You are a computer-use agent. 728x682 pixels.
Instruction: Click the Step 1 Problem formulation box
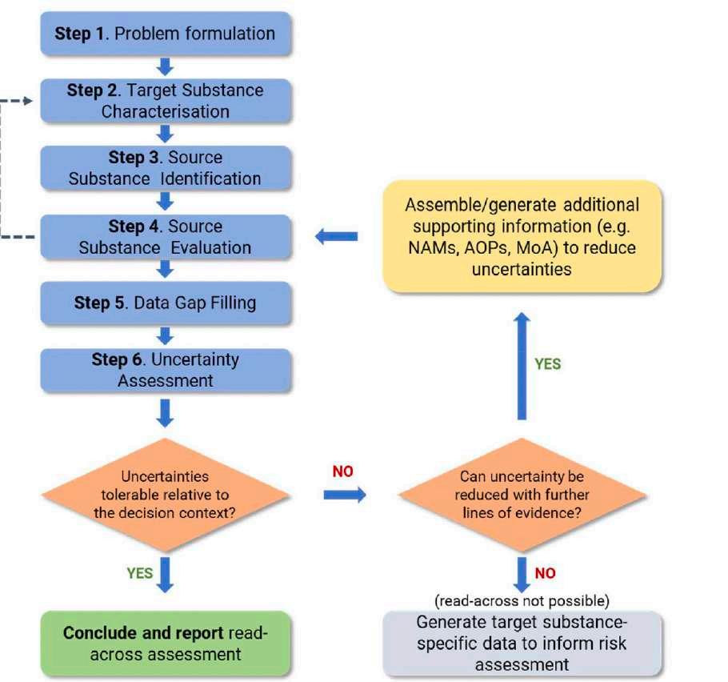point(165,34)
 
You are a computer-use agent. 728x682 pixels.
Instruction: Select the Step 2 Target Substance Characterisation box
point(165,100)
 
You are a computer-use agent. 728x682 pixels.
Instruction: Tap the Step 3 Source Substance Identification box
point(165,167)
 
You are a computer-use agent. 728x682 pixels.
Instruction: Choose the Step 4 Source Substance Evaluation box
point(165,236)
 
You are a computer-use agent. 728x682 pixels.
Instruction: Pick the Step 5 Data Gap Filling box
point(165,303)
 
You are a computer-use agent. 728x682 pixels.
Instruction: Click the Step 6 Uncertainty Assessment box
point(165,369)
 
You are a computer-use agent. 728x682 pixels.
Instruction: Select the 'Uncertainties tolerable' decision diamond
point(165,494)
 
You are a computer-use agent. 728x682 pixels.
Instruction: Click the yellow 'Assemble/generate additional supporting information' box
point(522,236)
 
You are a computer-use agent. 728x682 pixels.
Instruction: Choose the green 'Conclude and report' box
point(165,644)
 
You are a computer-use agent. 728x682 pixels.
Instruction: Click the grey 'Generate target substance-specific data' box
point(522,644)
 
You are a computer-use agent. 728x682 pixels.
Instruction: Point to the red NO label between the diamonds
point(342,471)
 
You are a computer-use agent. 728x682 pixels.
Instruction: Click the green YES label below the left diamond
point(139,572)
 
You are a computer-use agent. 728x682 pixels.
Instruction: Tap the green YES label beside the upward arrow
point(548,363)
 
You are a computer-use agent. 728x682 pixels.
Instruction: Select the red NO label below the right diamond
point(544,573)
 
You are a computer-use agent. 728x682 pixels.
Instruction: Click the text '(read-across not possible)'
point(522,600)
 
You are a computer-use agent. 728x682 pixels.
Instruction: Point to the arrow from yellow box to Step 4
point(336,236)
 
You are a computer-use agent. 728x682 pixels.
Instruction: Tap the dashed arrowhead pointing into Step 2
point(30,101)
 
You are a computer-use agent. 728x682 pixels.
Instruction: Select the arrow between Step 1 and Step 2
point(166,66)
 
